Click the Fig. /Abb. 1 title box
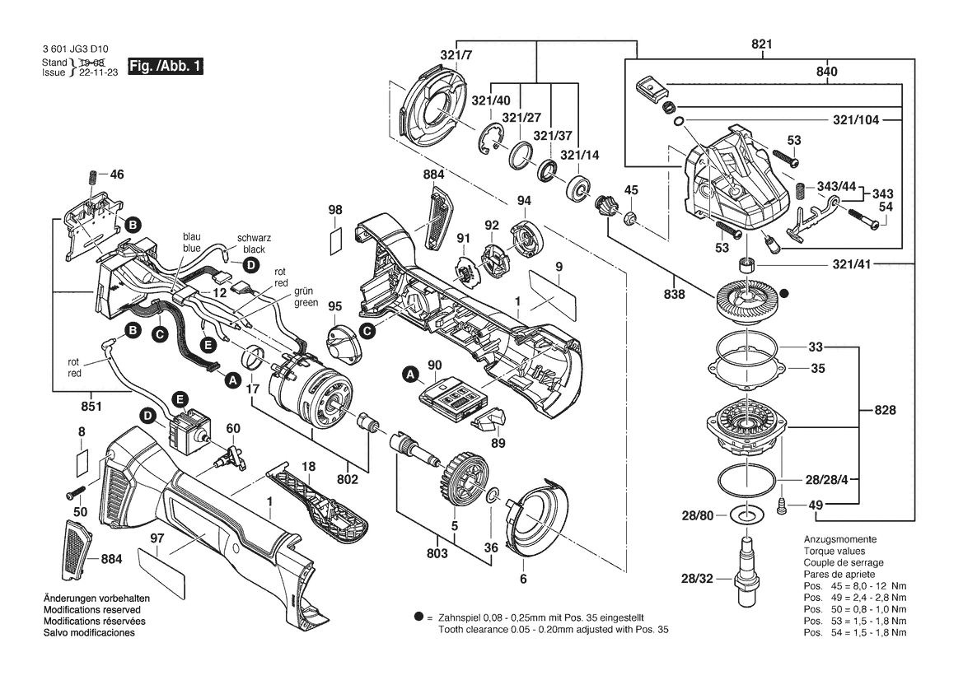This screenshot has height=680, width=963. tap(166, 66)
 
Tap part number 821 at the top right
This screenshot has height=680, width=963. tap(761, 44)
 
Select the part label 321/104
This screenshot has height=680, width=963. tap(856, 119)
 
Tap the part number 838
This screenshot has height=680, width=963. tap(674, 294)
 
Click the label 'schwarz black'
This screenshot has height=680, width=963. tap(254, 244)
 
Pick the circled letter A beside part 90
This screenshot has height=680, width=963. tap(410, 374)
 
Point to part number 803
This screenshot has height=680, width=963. tap(437, 553)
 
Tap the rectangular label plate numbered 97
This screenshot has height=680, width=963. tap(161, 569)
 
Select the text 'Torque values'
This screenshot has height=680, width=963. tap(834, 551)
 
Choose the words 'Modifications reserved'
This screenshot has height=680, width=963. tap(92, 609)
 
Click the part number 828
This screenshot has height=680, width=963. tap(885, 410)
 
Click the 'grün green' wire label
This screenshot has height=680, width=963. tap(306, 297)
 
